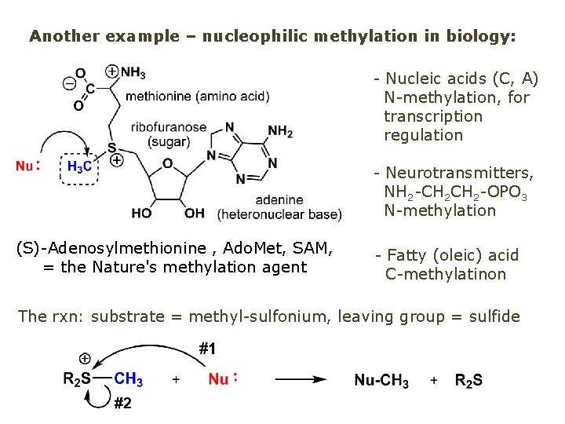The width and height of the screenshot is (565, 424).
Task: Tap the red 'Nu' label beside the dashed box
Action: point(26,166)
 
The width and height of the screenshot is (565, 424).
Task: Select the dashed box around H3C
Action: point(78,167)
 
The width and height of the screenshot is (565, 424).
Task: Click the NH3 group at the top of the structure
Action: point(132,73)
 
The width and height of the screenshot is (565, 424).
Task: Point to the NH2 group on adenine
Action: point(279,131)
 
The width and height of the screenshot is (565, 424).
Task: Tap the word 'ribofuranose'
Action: point(169,127)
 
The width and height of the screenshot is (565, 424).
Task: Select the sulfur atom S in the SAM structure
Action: point(112,147)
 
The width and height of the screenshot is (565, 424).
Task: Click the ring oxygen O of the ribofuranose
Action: point(167,164)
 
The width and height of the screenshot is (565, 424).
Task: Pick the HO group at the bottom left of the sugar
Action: point(142,214)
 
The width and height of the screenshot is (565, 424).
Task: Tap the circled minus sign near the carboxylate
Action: point(69,82)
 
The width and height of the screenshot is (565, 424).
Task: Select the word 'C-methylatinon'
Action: point(445,274)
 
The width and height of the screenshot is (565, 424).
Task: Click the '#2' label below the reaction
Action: point(122,404)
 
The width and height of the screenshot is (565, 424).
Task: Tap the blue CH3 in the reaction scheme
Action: point(128,379)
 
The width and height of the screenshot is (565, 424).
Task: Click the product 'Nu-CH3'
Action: point(381,381)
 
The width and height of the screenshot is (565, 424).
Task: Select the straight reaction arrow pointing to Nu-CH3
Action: point(301,379)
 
